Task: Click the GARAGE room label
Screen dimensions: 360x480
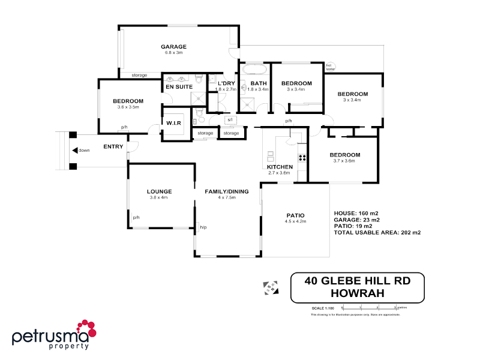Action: pos(173,47)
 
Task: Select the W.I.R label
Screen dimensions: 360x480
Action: pos(174,123)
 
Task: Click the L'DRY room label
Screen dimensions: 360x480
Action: pos(226,83)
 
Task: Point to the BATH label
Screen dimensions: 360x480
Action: pos(259,83)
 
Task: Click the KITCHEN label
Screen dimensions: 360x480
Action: pos(280,167)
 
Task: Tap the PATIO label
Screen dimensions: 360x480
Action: pos(295,215)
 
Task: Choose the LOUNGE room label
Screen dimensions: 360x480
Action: pos(160,191)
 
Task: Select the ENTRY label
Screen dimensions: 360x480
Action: pos(113,146)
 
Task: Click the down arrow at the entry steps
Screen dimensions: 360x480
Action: pos(74,151)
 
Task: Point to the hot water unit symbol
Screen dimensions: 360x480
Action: pos(330,67)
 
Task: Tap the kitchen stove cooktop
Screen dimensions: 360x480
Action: pos(302,158)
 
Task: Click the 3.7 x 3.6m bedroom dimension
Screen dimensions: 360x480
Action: pos(345,161)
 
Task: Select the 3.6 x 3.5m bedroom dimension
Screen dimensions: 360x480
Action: pos(128,107)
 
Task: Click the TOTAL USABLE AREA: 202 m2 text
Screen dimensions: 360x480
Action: pos(377,232)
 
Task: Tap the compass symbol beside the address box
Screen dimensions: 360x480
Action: pos(270,289)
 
